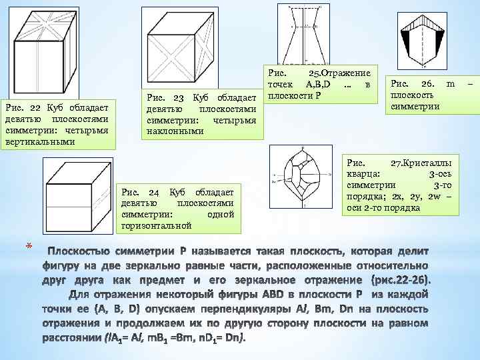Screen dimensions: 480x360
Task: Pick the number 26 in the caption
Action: (427, 83)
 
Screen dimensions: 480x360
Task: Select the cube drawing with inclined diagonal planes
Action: (189, 47)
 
